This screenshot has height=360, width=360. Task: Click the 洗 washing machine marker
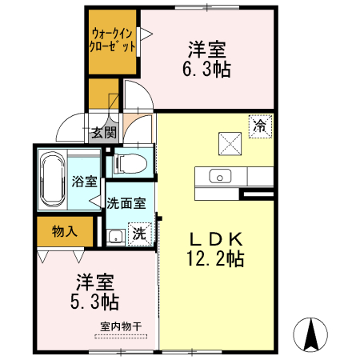pos(138,235)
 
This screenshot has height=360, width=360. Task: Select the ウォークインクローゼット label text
pos(113,41)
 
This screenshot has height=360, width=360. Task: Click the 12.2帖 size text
pos(215,258)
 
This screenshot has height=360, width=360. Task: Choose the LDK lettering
pos(215,238)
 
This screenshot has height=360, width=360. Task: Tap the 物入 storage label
pos(64,231)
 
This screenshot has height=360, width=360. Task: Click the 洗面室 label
pos(126,203)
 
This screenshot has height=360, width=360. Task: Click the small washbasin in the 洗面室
pos(116,236)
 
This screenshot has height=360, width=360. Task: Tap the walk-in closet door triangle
pos(146,34)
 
